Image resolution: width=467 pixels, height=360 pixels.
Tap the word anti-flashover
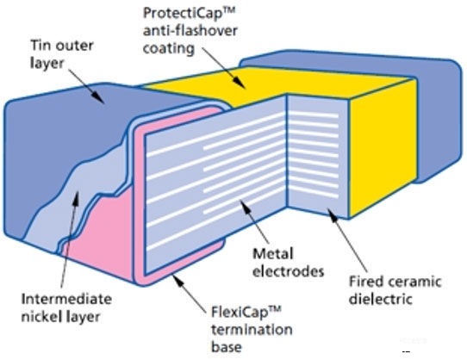coord(190,31)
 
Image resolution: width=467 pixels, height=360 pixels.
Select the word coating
coord(169,48)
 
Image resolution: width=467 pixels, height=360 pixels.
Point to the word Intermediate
coord(66,299)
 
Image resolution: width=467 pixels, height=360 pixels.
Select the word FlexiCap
coord(240,313)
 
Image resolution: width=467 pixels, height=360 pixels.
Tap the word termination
coord(252,330)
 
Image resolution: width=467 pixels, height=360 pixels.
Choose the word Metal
coord(273,254)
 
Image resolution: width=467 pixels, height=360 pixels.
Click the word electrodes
coord(288,271)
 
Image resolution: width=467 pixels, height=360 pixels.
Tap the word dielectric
coord(381,299)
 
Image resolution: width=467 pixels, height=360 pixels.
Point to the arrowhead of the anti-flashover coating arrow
coord(240,83)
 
